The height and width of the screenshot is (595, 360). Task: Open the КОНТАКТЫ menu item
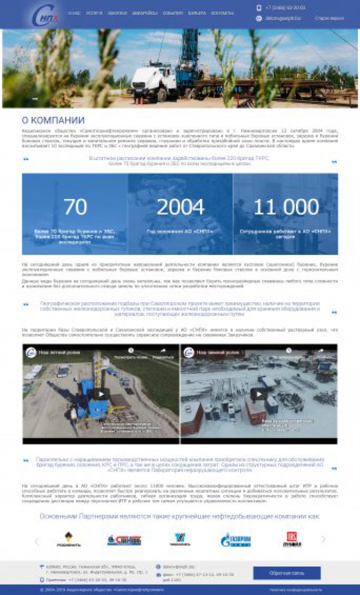[222, 13]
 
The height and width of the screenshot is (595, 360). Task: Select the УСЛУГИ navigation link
[94, 13]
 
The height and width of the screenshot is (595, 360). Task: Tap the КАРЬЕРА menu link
[197, 13]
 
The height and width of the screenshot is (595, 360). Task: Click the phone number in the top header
[285, 8]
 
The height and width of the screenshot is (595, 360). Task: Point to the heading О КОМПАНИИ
[53, 120]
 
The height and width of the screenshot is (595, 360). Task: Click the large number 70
[75, 207]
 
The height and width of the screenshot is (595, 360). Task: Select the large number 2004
[180, 207]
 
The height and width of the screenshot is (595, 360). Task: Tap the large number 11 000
[286, 207]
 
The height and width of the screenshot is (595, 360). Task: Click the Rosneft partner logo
[69, 539]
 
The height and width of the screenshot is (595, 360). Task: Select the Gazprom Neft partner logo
[236, 539]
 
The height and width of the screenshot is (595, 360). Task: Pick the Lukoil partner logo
[292, 539]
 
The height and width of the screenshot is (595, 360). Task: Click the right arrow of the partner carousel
[323, 539]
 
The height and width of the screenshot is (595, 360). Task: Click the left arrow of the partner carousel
[36, 541]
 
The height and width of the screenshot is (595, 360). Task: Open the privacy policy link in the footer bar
[295, 590]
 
